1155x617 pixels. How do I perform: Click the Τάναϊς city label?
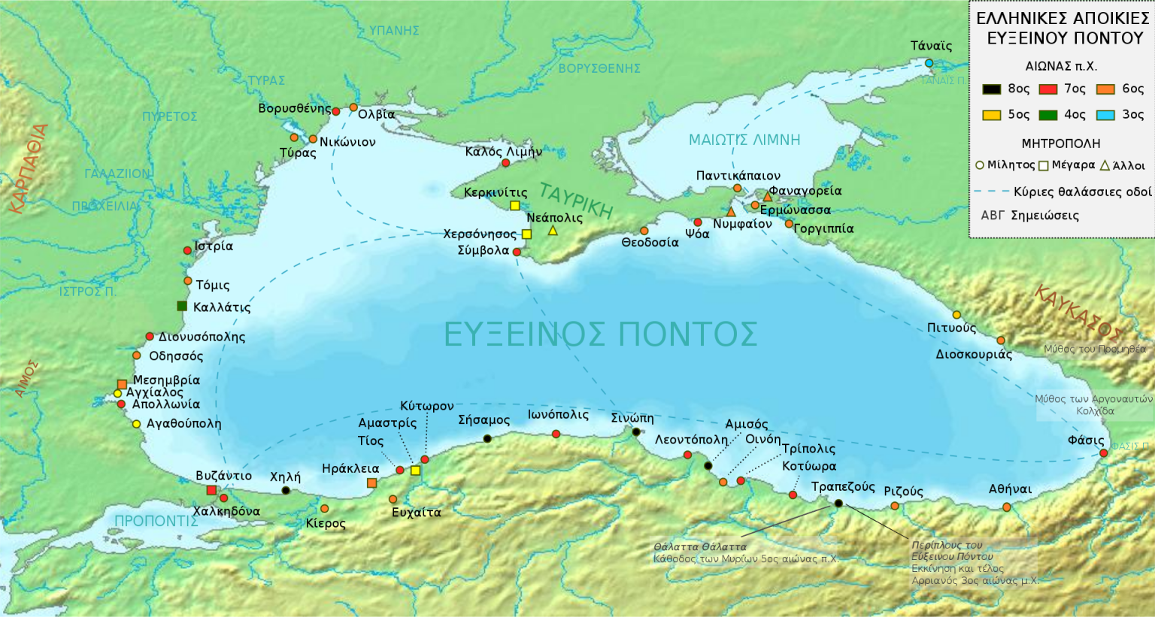tap(931, 46)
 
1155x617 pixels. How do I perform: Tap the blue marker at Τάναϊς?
tap(929, 63)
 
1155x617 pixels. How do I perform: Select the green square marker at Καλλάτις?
tap(182, 306)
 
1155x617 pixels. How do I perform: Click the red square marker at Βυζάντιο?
tap(211, 491)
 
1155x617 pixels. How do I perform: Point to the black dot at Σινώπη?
tap(636, 432)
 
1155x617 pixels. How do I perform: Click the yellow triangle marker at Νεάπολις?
tap(553, 231)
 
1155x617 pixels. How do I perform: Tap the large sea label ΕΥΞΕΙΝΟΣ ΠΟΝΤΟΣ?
tap(600, 334)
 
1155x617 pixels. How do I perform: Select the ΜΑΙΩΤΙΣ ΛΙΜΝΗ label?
tap(744, 140)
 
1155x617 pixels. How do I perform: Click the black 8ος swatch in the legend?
tap(992, 89)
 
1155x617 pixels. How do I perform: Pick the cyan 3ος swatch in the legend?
tap(1105, 115)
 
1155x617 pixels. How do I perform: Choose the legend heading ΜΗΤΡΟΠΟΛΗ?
tap(1060, 144)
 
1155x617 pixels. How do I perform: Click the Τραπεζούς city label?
tap(843, 487)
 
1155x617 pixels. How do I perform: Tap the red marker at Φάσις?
tap(1103, 453)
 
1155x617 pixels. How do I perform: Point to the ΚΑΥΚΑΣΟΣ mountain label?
tap(1077, 313)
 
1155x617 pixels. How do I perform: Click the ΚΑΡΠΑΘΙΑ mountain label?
tap(29, 169)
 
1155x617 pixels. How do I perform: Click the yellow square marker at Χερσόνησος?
tap(526, 234)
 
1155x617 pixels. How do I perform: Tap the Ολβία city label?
tap(376, 114)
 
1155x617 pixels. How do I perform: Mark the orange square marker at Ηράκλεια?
tap(371, 482)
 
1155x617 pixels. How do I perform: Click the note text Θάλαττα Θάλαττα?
tap(700, 547)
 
